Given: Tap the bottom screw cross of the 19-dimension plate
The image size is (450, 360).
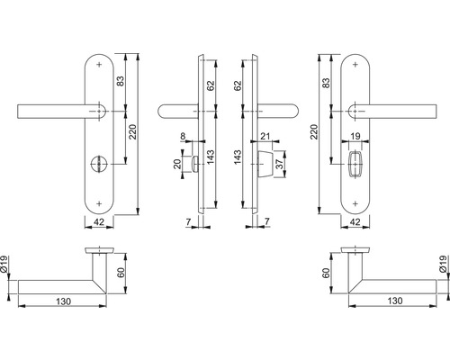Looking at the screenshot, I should pyautogui.click(x=357, y=200).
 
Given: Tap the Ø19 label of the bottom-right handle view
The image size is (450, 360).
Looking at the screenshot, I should pyautogui.click(x=442, y=263).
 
